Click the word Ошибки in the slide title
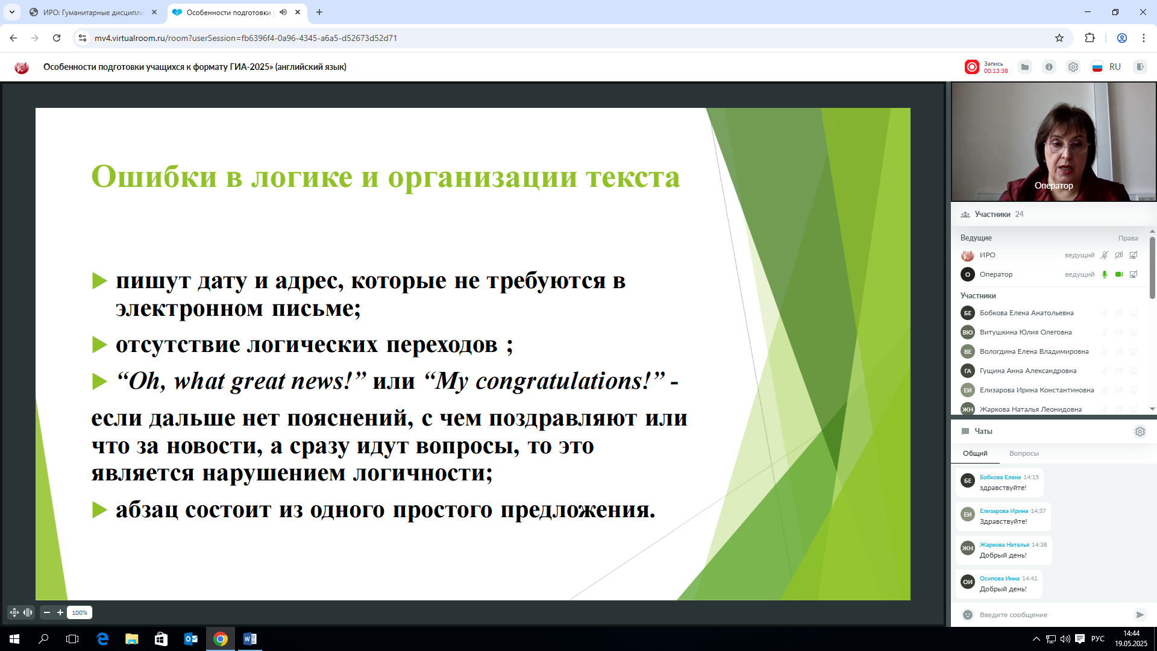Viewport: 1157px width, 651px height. click(154, 177)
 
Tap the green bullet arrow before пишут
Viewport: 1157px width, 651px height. click(99, 281)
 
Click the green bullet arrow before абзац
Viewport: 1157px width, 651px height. click(99, 510)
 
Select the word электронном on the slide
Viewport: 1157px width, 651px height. click(189, 309)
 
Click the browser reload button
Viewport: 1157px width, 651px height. click(57, 38)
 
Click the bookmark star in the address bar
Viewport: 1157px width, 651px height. click(1059, 38)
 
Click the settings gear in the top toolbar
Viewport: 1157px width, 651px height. click(1073, 67)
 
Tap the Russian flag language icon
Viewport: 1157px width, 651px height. click(1097, 67)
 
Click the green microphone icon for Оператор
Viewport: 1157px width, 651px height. click(1105, 274)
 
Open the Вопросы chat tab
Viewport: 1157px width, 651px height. click(1024, 453)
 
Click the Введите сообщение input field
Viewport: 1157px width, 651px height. click(1049, 615)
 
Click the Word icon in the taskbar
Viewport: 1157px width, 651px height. click(249, 639)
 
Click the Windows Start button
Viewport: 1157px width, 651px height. click(14, 639)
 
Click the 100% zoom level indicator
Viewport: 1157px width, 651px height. click(80, 612)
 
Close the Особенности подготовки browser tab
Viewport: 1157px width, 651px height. click(298, 12)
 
